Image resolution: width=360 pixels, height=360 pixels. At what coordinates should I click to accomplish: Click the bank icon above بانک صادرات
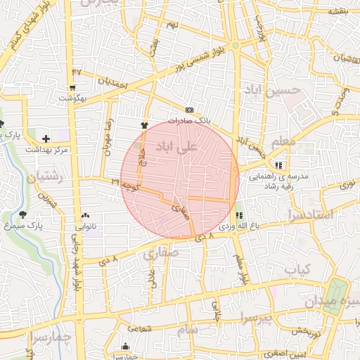pos(188,110)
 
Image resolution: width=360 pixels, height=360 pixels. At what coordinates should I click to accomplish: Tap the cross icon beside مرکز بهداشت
pos(46,139)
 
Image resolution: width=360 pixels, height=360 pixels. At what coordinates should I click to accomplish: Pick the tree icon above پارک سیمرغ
pos(23,214)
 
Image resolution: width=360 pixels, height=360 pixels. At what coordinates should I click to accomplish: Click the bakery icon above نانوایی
pos(85,215)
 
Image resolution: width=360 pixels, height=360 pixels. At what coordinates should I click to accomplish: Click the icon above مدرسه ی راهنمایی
pos(279,165)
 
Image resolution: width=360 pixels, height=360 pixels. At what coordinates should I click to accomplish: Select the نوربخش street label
pos(307,330)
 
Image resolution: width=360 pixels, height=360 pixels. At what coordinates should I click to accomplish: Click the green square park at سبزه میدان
pos(337,290)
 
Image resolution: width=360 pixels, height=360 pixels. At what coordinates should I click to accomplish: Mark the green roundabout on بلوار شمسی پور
pos(236,46)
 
